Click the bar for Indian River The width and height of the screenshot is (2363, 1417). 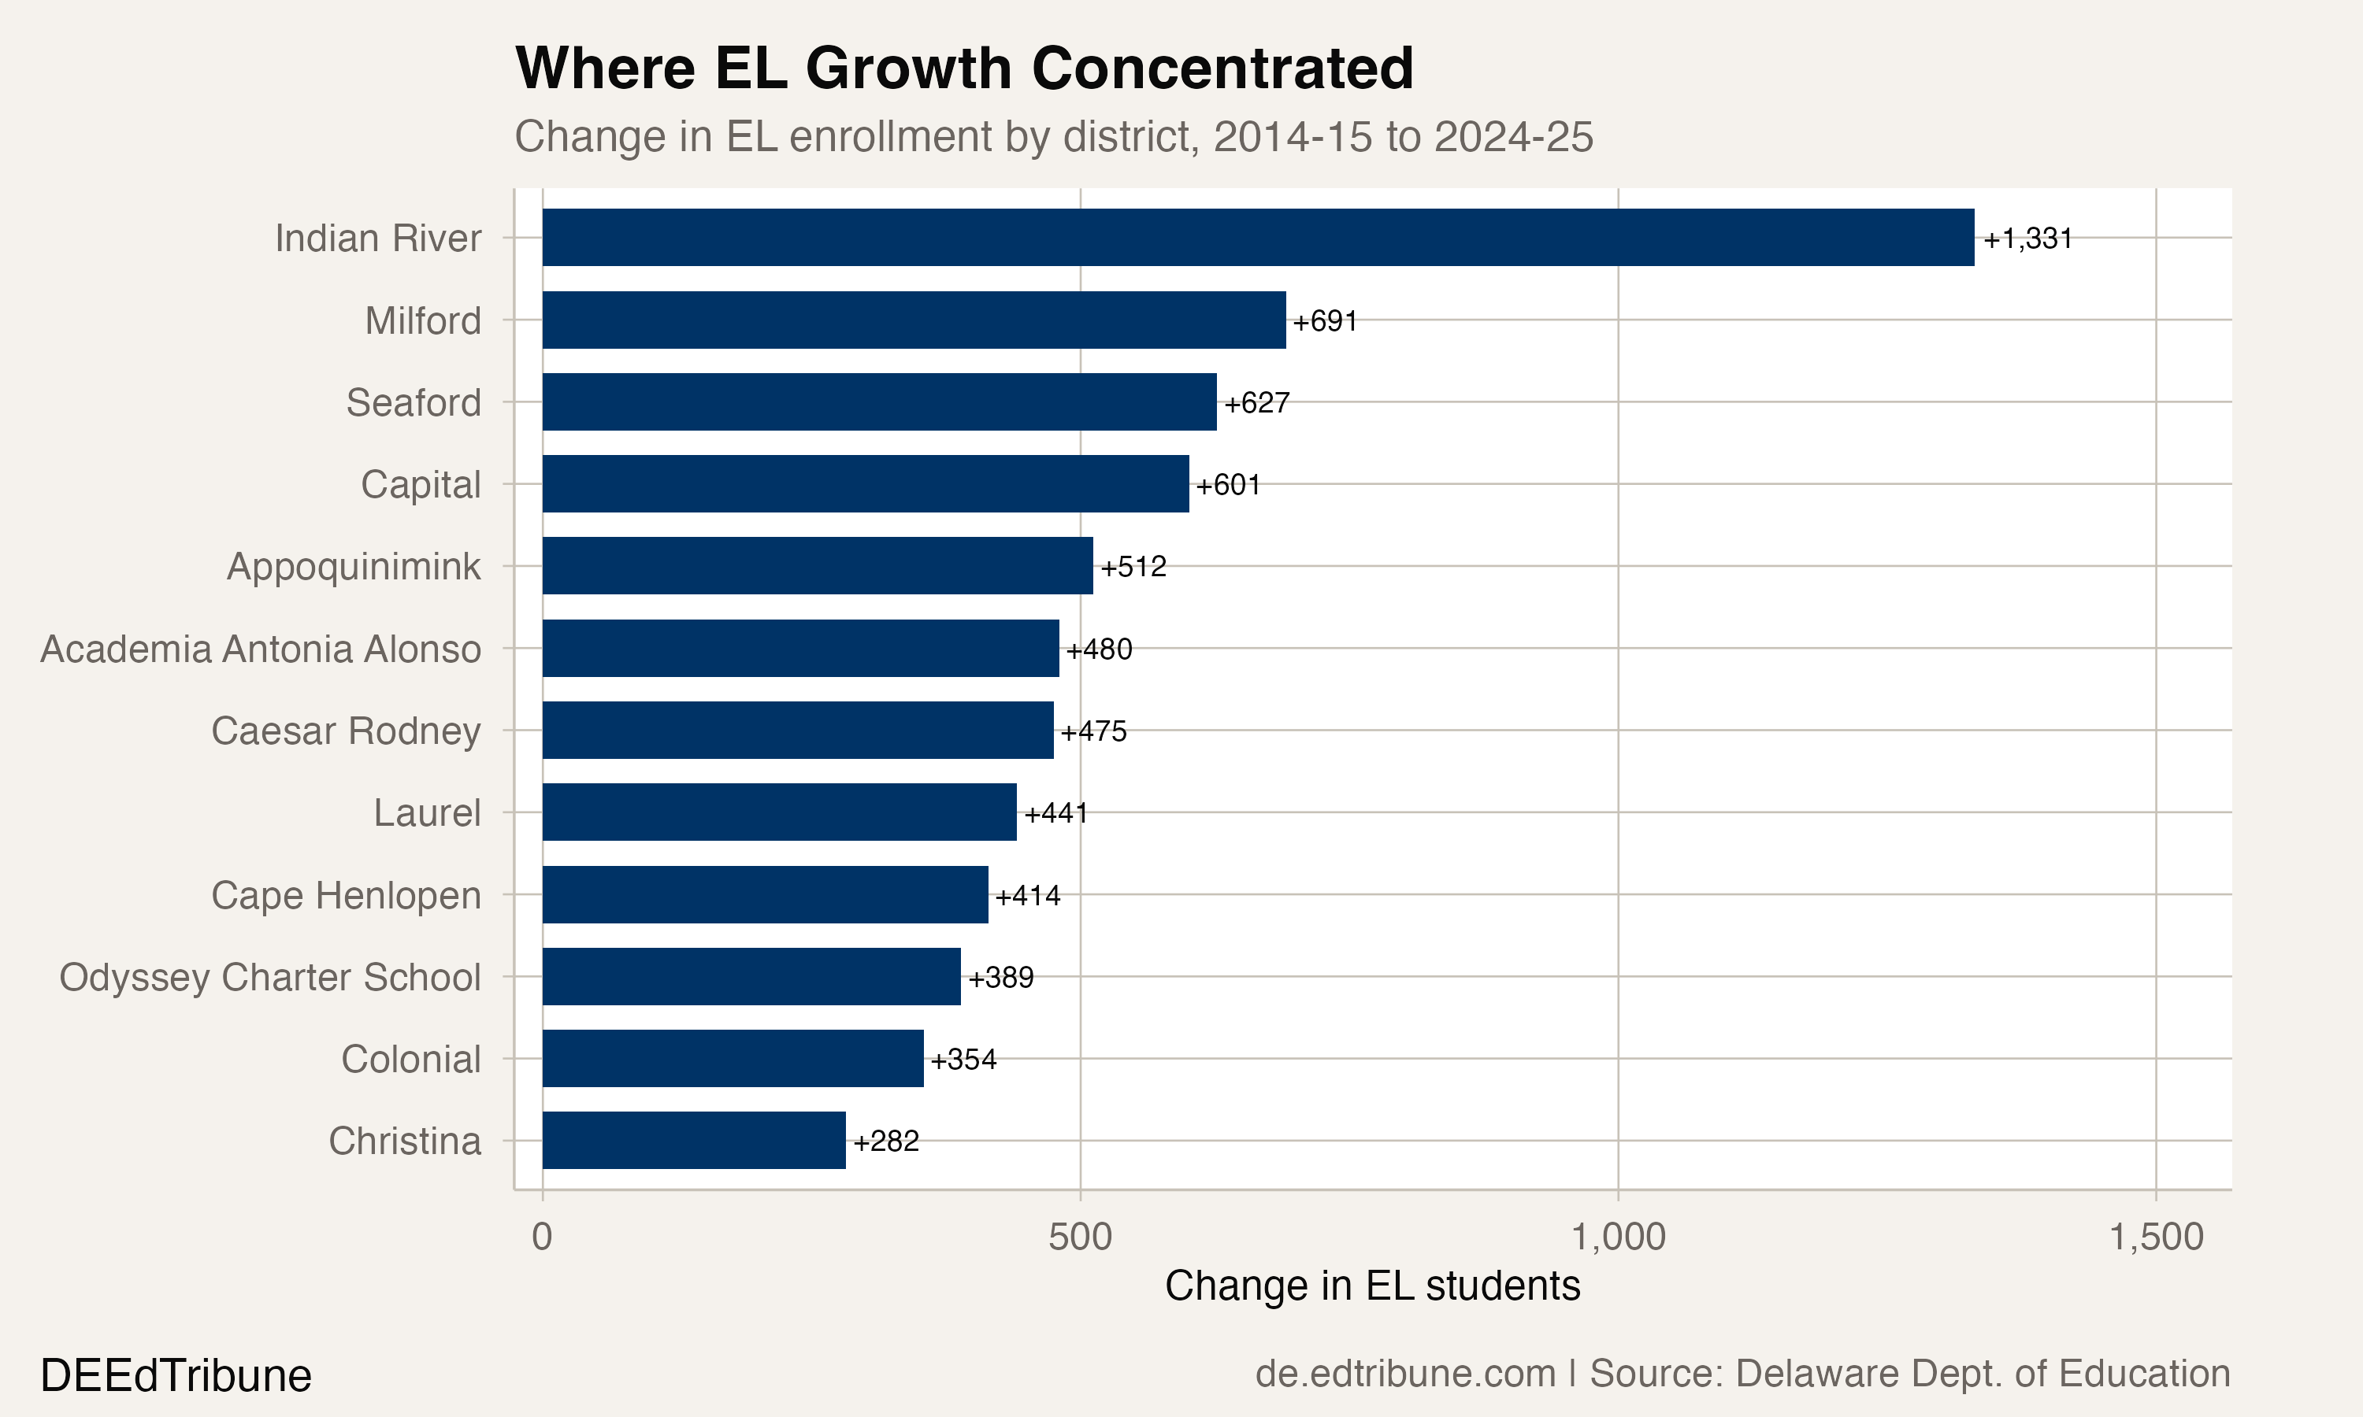click(1257, 238)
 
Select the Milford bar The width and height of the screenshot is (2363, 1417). click(913, 320)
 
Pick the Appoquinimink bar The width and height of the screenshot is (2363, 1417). click(817, 565)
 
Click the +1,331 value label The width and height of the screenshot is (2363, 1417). click(2027, 239)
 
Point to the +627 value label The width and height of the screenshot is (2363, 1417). click(1256, 403)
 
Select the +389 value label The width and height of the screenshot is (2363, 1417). click(1001, 978)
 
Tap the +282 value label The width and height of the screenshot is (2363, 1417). click(885, 1141)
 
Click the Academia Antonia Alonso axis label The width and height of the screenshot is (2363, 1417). click(261, 649)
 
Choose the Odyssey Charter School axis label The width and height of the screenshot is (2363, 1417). click(270, 978)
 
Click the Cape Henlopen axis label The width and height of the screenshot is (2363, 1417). click(346, 896)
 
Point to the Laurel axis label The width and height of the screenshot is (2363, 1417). click(427, 813)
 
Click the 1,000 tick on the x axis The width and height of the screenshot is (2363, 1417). click(1618, 1238)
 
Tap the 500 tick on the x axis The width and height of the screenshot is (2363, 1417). click(1080, 1238)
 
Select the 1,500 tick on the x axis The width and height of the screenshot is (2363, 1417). click(2156, 1238)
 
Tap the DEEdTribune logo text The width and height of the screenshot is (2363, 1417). click(176, 1376)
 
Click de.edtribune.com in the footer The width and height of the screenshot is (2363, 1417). click(1405, 1374)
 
